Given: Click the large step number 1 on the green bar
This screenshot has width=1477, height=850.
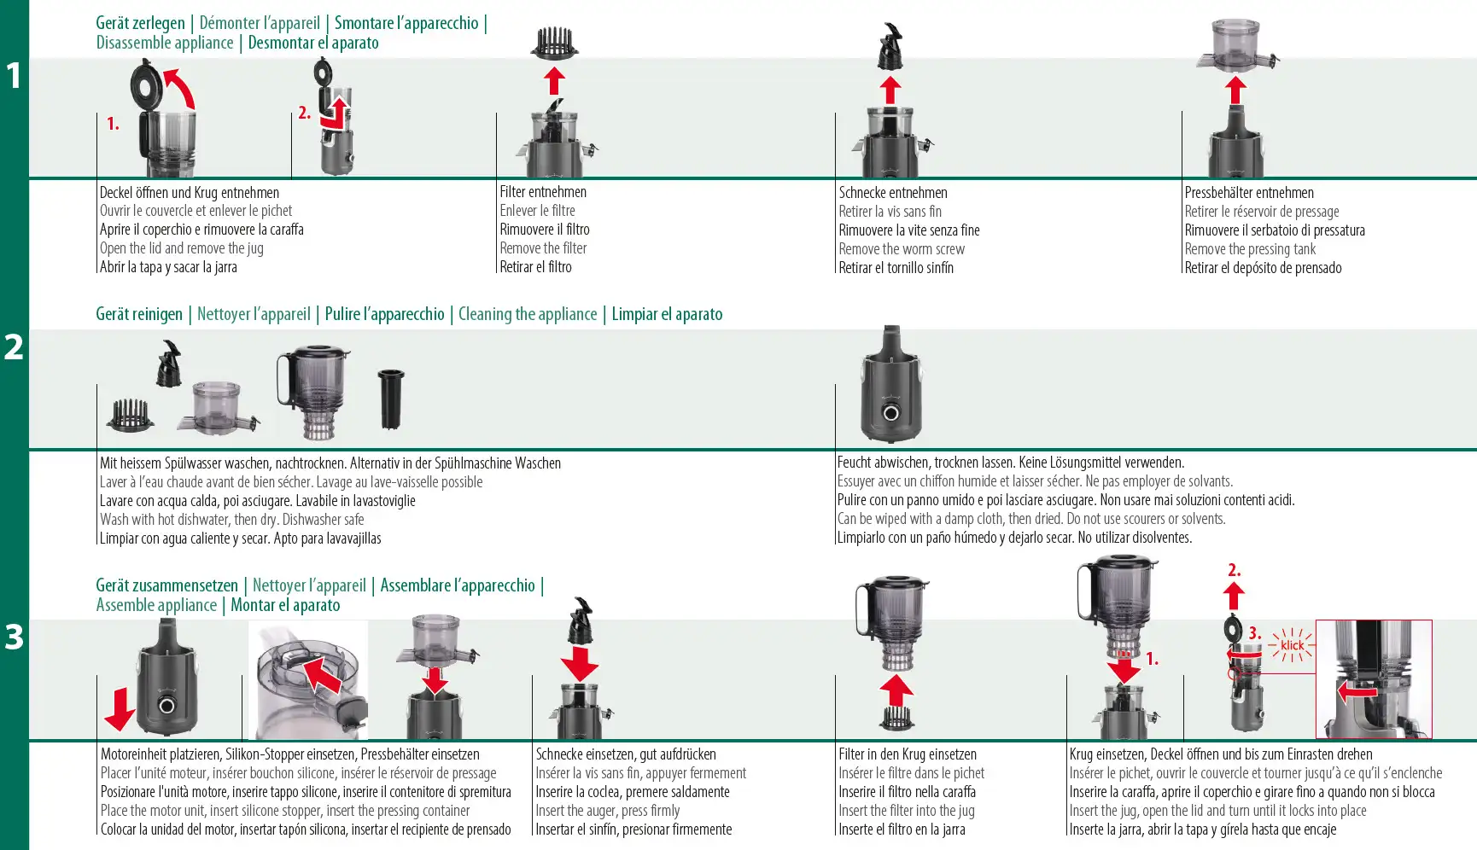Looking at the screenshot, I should point(14,75).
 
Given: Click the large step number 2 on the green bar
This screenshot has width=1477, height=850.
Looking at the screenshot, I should point(14,347).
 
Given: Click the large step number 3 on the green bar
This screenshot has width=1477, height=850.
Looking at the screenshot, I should point(14,637).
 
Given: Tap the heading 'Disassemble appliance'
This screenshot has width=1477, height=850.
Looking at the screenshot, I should point(165,43).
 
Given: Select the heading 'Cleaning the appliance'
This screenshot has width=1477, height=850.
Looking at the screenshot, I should point(528,314).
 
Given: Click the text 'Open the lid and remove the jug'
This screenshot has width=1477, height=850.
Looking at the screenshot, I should point(181,248).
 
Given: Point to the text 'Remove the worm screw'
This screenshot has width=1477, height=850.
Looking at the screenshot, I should point(902,249).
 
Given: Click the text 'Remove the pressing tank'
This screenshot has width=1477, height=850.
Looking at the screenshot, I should point(1250,249).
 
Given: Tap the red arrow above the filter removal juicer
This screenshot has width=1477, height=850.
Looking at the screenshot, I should point(555,81).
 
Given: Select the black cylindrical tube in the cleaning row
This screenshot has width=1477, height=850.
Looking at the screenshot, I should point(391,399).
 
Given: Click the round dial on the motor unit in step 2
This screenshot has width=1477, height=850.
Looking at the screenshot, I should point(891,413).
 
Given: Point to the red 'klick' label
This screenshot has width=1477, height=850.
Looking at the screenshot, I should point(1293,645).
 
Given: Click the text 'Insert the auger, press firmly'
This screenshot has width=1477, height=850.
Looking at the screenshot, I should point(608,811).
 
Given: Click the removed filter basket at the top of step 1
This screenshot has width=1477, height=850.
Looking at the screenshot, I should point(554,43).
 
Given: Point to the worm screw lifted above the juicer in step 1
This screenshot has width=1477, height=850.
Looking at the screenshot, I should point(890,47).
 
